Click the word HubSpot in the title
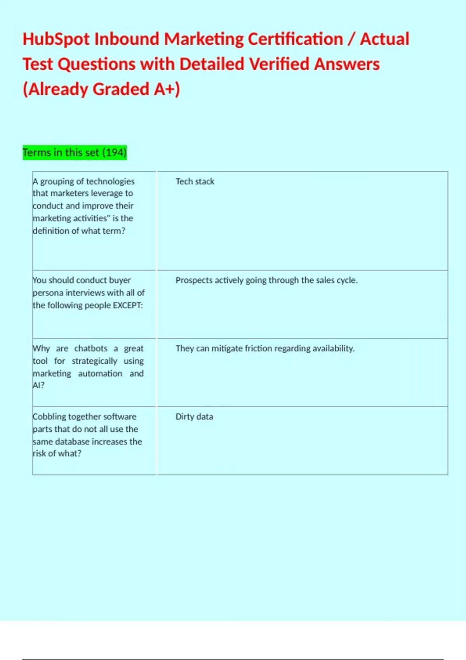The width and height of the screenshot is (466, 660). point(56,39)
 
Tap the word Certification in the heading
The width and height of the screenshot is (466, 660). point(296,39)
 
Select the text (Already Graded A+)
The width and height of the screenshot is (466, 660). point(101,89)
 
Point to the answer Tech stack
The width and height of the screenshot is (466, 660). point(195,182)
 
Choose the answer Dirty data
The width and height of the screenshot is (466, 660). point(194,417)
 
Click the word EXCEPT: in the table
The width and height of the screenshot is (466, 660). point(128,305)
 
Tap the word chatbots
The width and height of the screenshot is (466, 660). point(91,349)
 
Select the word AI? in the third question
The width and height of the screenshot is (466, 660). point(38,386)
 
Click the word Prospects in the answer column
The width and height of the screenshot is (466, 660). point(194,280)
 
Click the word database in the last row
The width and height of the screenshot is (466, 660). point(72,442)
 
